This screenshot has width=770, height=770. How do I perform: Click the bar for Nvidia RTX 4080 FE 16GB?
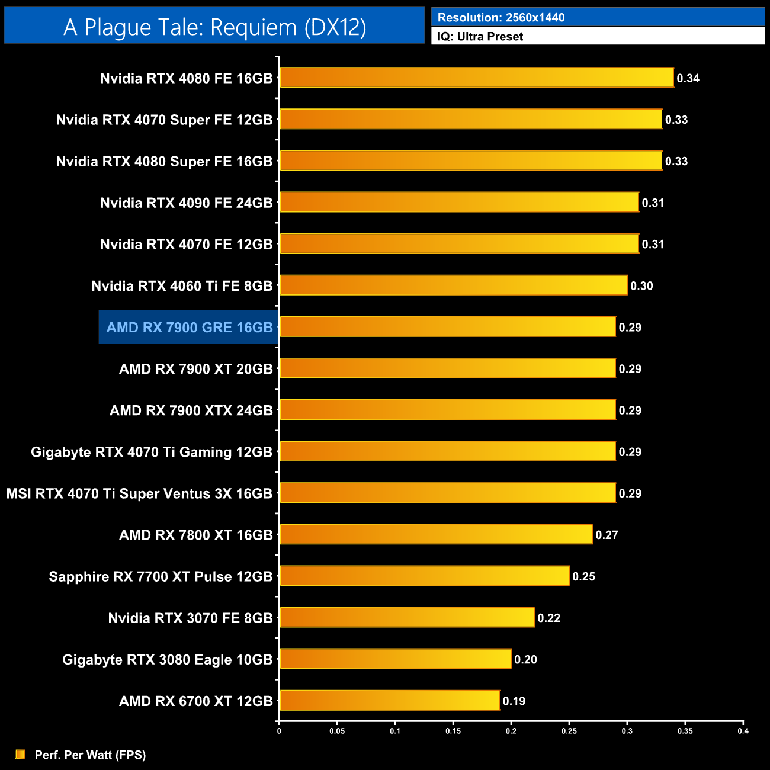pyautogui.click(x=476, y=78)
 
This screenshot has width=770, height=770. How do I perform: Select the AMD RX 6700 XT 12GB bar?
pyautogui.click(x=389, y=700)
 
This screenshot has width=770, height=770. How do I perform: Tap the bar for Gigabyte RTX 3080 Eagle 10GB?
pyautogui.click(x=395, y=659)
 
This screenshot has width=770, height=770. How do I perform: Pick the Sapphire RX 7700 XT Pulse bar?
pyautogui.click(x=424, y=576)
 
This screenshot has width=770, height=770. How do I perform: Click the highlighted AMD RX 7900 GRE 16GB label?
pyautogui.click(x=189, y=327)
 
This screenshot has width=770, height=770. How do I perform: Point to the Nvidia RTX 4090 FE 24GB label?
pyautogui.click(x=186, y=203)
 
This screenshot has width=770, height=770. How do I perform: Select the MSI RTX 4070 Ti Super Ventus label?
pyautogui.click(x=139, y=493)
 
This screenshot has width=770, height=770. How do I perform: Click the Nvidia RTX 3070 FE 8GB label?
pyautogui.click(x=190, y=618)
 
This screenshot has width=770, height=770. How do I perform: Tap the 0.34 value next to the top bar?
pyautogui.click(x=688, y=78)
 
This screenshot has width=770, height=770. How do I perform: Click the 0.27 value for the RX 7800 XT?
pyautogui.click(x=607, y=535)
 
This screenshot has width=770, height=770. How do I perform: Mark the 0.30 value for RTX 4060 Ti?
pyautogui.click(x=641, y=286)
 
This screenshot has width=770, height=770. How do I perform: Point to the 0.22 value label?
pyautogui.click(x=548, y=618)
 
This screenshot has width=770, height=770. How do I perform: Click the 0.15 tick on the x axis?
pyautogui.click(x=453, y=731)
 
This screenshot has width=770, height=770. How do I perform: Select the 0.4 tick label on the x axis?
pyautogui.click(x=743, y=731)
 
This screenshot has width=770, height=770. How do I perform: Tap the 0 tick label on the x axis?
pyautogui.click(x=279, y=731)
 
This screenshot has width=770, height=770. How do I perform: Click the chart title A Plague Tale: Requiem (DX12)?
pyautogui.click(x=214, y=27)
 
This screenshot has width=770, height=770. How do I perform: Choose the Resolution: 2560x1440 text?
pyautogui.click(x=501, y=17)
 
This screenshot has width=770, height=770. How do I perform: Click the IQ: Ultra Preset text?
pyautogui.click(x=480, y=36)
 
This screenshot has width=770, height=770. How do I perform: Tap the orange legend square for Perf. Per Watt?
pyautogui.click(x=20, y=754)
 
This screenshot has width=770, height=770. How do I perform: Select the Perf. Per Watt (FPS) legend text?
pyautogui.click(x=90, y=755)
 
